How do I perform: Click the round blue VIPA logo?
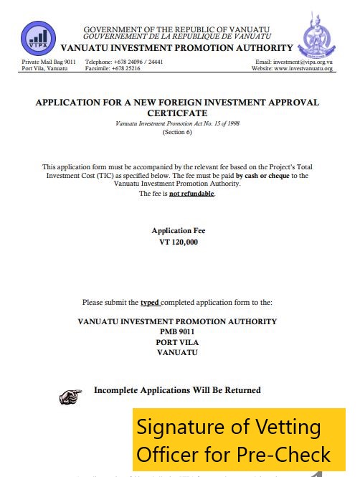tap(39, 39)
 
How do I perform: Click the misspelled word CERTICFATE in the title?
tap(177, 113)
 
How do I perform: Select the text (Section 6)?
tap(177, 133)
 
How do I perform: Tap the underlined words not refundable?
tap(191, 194)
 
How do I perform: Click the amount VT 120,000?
tap(178, 242)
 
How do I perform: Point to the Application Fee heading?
tap(178, 231)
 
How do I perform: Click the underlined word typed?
tap(150, 303)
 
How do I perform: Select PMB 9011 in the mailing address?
tap(177, 332)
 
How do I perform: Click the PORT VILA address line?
tap(177, 342)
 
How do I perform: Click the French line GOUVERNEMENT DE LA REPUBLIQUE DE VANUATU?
tap(177, 36)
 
